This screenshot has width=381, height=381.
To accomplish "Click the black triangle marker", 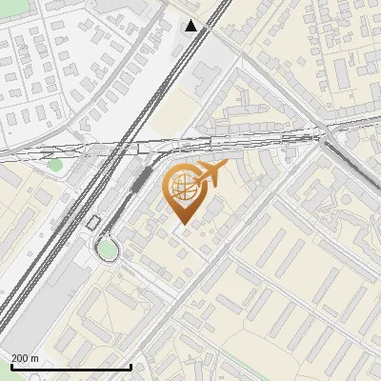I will point(192,26).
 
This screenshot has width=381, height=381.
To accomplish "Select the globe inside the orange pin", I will point(181,188).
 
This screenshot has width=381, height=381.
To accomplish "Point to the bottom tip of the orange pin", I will point(182,225).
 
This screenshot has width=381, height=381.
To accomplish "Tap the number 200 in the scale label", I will point(20,358).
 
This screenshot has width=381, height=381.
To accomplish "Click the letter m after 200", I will point(35,358).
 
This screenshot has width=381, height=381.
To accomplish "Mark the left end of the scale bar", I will point(10,368).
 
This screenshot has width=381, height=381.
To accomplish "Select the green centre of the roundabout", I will point(108,250).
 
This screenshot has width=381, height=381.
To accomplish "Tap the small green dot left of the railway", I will point(55,165).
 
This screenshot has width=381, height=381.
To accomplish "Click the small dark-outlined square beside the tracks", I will point(93,222).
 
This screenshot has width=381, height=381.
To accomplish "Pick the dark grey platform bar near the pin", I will point(141,181).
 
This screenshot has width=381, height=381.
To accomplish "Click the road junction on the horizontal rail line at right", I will point(322,136).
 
